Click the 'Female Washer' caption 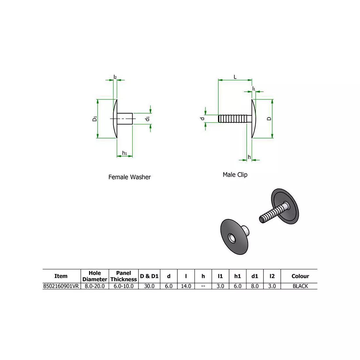[x=130, y=177]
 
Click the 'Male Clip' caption [x=235, y=175]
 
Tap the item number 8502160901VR [x=61, y=286]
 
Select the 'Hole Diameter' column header [x=95, y=276]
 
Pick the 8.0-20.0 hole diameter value [x=95, y=286]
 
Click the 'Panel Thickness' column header [x=123, y=276]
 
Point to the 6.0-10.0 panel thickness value [x=123, y=286]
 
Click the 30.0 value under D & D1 [x=149, y=286]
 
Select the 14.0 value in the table [x=186, y=286]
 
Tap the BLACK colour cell [x=300, y=286]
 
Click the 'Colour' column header [x=300, y=276]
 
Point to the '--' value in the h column [x=203, y=286]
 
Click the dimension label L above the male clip [x=235, y=77]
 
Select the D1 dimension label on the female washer [x=95, y=118]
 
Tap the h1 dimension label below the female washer [x=124, y=153]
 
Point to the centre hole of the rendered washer [x=232, y=238]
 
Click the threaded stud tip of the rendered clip [x=262, y=220]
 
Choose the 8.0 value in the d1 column [x=255, y=286]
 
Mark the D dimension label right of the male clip [x=269, y=118]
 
